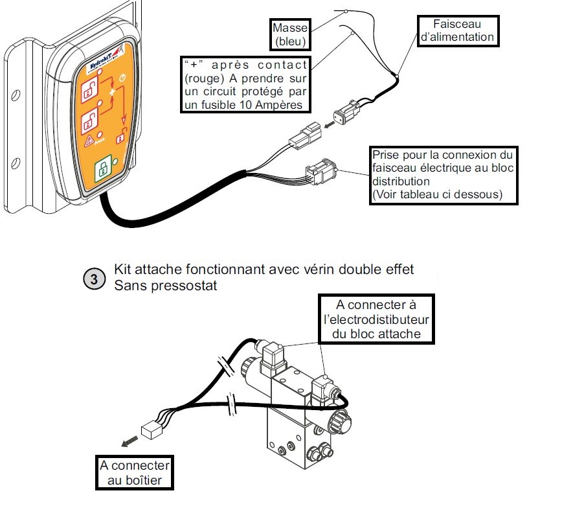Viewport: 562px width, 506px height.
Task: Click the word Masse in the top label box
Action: [289, 28]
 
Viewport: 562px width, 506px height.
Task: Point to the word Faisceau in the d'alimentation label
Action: [457, 24]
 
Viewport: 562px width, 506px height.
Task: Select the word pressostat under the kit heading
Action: [183, 285]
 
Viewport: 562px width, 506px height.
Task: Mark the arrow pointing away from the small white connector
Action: [129, 441]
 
